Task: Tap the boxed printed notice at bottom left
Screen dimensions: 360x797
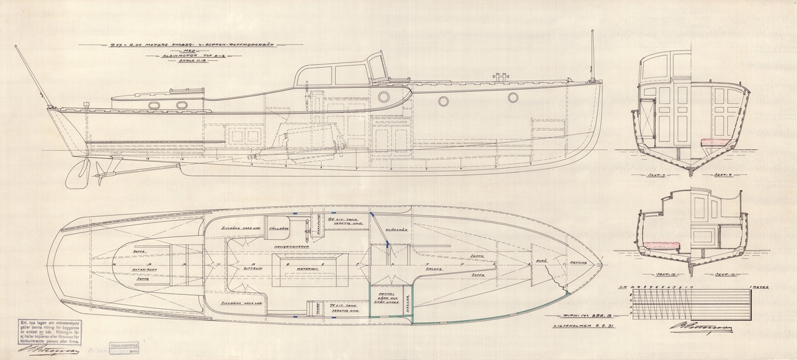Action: tap(43, 331)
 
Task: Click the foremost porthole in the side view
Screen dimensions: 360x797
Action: tap(513, 98)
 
